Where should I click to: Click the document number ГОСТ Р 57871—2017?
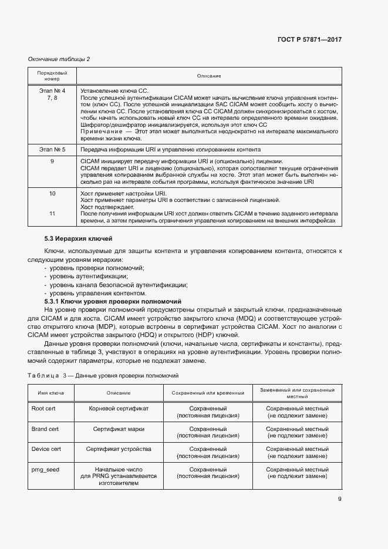pyautogui.click(x=310, y=40)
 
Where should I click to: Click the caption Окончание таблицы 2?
pyautogui.click(x=59, y=59)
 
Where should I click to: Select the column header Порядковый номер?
pyautogui.click(x=52, y=76)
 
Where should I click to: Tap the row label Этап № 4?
pyautogui.click(x=52, y=91)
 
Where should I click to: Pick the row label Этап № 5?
pyautogui.click(x=52, y=150)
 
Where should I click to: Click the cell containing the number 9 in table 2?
pyautogui.click(x=52, y=161)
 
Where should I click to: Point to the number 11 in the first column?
pyautogui.click(x=52, y=214)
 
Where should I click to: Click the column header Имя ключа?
pyautogui.click(x=51, y=393)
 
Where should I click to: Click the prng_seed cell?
pyautogui.click(x=45, y=470)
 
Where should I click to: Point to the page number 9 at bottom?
pyautogui.click(x=339, y=500)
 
